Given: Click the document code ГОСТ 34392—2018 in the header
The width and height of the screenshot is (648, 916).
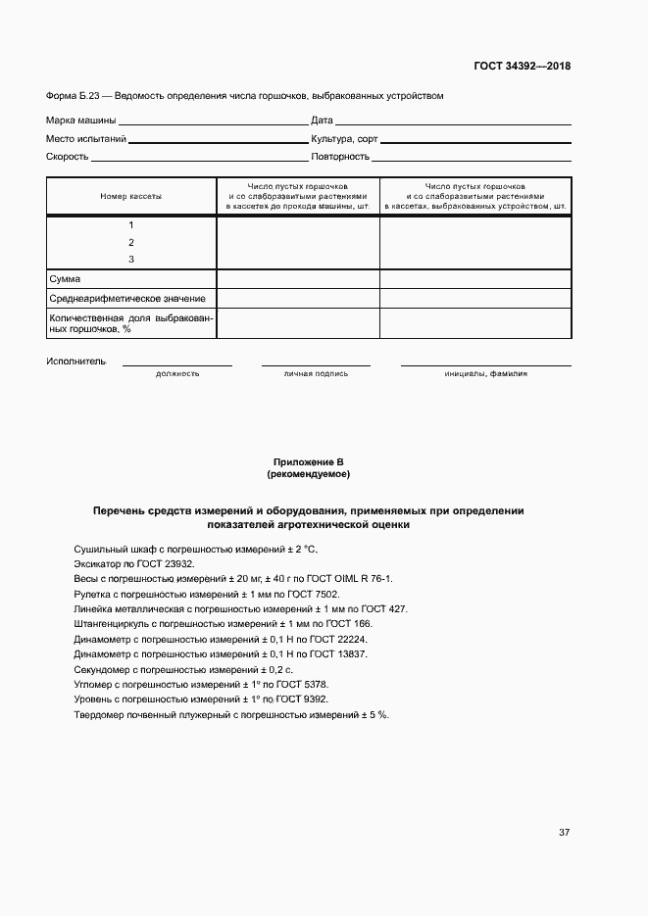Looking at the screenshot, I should (x=523, y=67).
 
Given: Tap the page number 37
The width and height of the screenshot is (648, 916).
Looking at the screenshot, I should (x=565, y=833).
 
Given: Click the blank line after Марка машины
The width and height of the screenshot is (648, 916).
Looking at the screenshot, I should (x=212, y=123).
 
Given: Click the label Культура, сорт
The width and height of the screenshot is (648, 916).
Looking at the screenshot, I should (x=344, y=139).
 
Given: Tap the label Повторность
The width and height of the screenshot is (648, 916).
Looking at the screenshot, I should (x=339, y=157).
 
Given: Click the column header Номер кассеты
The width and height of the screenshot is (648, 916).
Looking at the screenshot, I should (x=131, y=196).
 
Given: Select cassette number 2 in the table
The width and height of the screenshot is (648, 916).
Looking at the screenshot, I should (x=131, y=242).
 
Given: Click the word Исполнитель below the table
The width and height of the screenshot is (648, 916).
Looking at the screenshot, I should (x=75, y=361).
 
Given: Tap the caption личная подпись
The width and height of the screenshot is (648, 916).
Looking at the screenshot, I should (x=316, y=373).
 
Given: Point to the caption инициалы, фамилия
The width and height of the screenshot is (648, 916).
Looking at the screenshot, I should (x=485, y=373).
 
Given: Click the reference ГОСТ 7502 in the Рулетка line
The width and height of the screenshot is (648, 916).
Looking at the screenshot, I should (x=314, y=595).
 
